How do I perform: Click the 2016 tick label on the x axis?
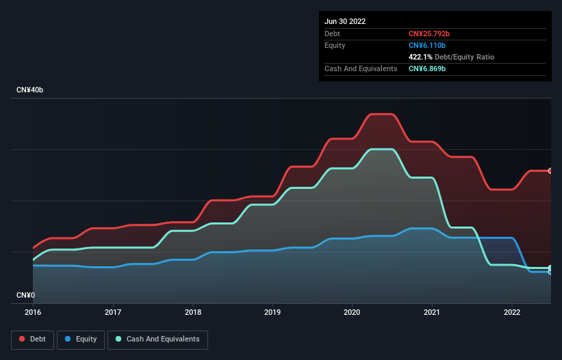click(x=33, y=313)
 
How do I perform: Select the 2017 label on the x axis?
click(x=113, y=313)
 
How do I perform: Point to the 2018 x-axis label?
click(x=193, y=313)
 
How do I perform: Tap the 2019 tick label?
click(x=272, y=313)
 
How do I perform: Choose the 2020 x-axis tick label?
click(x=353, y=313)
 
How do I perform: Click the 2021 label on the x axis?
click(x=432, y=313)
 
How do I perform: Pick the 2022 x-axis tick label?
click(x=512, y=313)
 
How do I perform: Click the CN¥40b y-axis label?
click(x=29, y=90)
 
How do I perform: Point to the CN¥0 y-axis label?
click(x=25, y=295)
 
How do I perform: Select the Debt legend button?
click(x=34, y=339)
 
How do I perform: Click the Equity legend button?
click(x=81, y=339)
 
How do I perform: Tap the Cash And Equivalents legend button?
click(x=157, y=339)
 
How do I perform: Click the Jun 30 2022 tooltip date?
click(x=345, y=21)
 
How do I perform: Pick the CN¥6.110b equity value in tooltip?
click(x=427, y=45)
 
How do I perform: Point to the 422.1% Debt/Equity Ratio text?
click(x=451, y=57)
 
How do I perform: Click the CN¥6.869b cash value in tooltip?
click(x=427, y=68)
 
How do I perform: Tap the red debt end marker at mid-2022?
click(x=550, y=170)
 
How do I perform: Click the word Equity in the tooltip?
click(x=335, y=45)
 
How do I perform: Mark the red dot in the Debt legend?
click(x=23, y=339)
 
